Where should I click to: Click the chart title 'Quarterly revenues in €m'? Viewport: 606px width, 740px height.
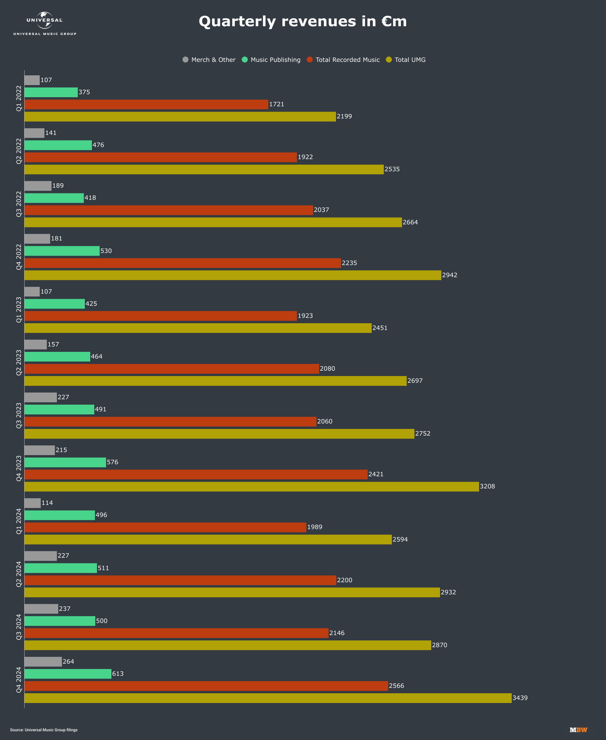pyautogui.click(x=303, y=22)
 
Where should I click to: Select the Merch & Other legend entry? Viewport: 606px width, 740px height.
pyautogui.click(x=209, y=60)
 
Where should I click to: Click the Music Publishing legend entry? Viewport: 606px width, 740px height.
pyautogui.click(x=271, y=60)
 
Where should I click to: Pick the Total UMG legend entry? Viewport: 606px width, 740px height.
pyautogui.click(x=406, y=60)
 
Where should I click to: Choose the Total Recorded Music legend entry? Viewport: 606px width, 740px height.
pyautogui.click(x=343, y=60)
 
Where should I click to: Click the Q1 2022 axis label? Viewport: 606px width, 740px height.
pyautogui.click(x=19, y=98)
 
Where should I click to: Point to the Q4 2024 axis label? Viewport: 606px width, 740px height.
pyautogui.click(x=19, y=680)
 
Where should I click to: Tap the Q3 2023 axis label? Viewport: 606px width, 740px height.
pyautogui.click(x=19, y=416)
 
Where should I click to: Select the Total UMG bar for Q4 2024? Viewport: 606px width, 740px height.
pyautogui.click(x=268, y=698)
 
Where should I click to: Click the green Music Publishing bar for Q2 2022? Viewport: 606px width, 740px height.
pyautogui.click(x=58, y=145)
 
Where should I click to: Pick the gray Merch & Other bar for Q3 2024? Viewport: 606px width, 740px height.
pyautogui.click(x=41, y=609)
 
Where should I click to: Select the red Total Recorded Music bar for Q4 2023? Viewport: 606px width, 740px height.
pyautogui.click(x=196, y=475)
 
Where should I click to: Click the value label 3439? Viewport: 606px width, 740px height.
pyautogui.click(x=520, y=698)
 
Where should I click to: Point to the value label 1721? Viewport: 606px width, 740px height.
pyautogui.click(x=276, y=104)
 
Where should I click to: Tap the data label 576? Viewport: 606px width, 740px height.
pyautogui.click(x=112, y=462)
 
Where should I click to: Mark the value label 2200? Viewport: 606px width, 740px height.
pyautogui.click(x=344, y=580)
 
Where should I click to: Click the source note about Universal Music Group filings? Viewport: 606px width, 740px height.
pyautogui.click(x=44, y=730)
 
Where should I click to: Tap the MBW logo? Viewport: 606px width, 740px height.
pyautogui.click(x=578, y=730)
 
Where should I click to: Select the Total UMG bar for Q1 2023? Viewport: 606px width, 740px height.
pyautogui.click(x=198, y=328)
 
